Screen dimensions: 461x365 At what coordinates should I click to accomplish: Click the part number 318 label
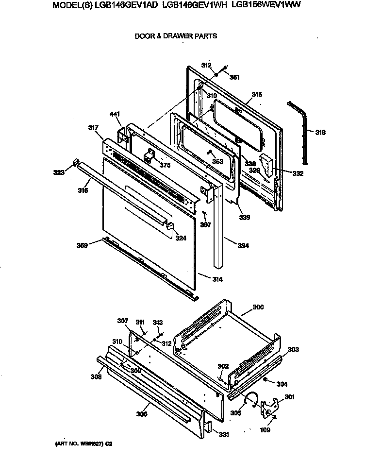[x=320, y=133]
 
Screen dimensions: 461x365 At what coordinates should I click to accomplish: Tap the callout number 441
[x=115, y=114]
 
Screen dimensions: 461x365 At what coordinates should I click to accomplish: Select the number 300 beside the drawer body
[x=258, y=307]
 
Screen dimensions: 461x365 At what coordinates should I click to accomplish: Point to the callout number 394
[x=243, y=246]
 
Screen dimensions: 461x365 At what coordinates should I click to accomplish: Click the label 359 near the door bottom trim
[x=82, y=246]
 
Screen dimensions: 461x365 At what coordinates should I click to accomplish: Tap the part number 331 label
[x=224, y=434]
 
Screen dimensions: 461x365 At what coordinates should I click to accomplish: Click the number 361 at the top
[x=234, y=77]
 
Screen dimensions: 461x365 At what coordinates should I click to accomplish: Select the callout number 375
[x=165, y=165]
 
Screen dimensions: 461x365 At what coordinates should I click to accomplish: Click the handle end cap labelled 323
[x=75, y=162]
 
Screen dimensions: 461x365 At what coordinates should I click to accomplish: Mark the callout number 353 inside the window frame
[x=217, y=161]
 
